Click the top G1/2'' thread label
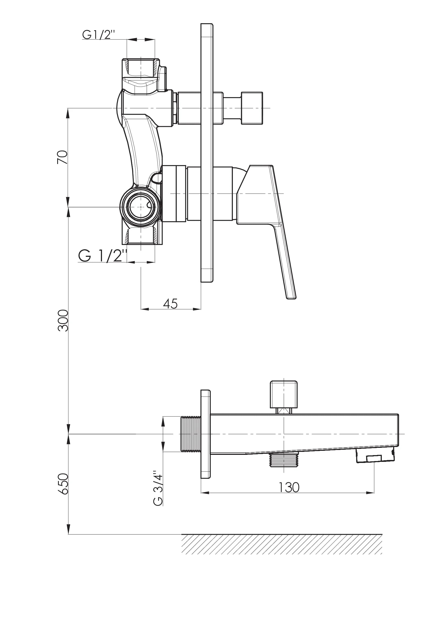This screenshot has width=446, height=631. tap(98, 35)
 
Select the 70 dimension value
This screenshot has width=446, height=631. tap(62, 157)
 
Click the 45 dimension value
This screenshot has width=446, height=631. tap(170, 304)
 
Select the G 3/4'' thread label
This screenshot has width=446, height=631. tap(158, 488)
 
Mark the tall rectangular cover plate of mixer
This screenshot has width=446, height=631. tap(207, 153)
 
